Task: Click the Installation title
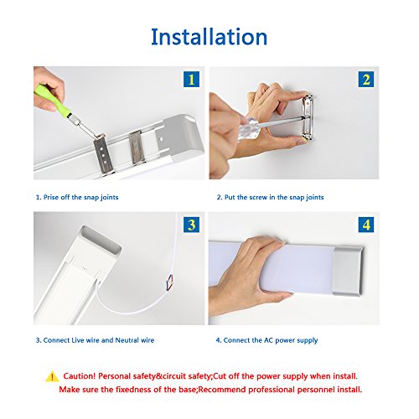[209, 37]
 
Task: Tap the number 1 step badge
[191, 80]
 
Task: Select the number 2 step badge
[366, 80]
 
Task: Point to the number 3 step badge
[191, 225]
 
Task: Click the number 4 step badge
[366, 225]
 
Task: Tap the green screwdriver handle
[52, 100]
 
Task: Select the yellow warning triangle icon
[52, 377]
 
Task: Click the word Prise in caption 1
[51, 197]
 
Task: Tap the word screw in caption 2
[258, 197]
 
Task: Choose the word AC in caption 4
[268, 340]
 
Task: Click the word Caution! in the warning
[80, 376]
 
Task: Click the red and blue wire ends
[170, 282]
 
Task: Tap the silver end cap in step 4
[348, 271]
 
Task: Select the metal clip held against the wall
[308, 117]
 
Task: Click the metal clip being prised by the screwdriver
[103, 154]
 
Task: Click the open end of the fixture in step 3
[101, 241]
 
